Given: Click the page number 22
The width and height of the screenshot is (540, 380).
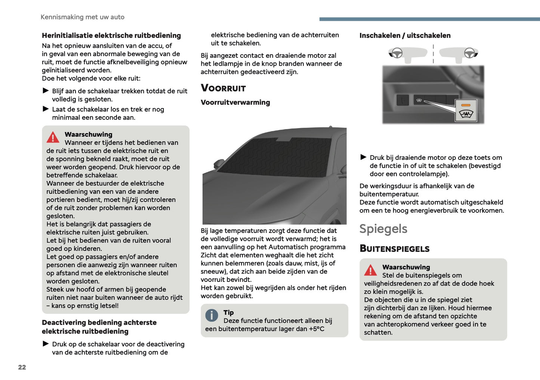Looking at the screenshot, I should [x=22, y=367].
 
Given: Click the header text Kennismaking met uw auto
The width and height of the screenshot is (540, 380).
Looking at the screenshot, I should [x=82, y=17].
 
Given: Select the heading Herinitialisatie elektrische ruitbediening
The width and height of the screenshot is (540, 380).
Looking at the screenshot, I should [x=111, y=35].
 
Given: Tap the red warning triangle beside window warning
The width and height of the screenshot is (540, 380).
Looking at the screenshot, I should [x=53, y=137].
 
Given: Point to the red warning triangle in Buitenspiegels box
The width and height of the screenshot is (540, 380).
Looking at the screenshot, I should [x=370, y=270].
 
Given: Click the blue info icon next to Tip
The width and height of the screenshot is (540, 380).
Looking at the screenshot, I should [x=212, y=315].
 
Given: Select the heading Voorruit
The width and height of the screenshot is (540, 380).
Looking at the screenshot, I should [x=223, y=88].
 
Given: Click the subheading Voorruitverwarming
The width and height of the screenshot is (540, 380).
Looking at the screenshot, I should [x=235, y=102].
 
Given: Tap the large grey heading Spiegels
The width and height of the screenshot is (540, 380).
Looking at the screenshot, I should [x=383, y=229].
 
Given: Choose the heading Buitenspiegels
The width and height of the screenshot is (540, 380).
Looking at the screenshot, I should [x=394, y=249].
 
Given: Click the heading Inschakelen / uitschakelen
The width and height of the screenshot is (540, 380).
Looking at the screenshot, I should [x=405, y=35].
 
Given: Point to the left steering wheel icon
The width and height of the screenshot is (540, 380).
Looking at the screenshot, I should [x=397, y=53].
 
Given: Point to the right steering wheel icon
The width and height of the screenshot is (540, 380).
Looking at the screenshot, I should [x=469, y=53].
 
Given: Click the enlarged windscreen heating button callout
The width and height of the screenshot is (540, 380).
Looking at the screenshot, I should [x=466, y=110].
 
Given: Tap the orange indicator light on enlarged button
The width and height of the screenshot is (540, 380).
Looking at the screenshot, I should [x=466, y=105].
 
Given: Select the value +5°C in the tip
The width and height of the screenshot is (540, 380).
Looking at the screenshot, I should [x=316, y=329].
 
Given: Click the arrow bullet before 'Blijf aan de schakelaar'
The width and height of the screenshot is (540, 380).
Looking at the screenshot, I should [x=46, y=91].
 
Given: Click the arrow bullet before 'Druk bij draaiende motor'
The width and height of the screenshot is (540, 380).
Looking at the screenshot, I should [x=363, y=157].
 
